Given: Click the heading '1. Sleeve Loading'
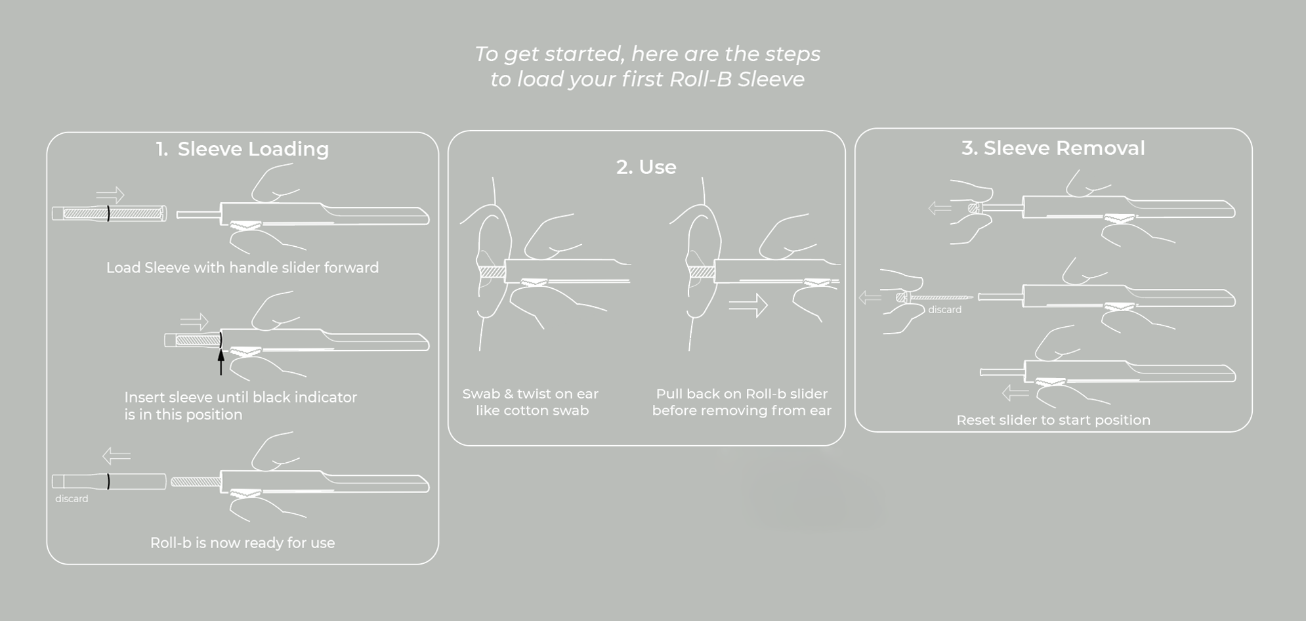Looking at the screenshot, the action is click(242, 149).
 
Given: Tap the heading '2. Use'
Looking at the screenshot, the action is click(646, 167).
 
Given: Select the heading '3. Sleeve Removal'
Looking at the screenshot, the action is click(1053, 148).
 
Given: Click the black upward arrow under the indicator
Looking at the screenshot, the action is click(221, 362).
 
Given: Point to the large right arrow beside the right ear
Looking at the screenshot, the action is click(748, 305).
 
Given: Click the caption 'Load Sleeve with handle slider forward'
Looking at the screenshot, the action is click(242, 268).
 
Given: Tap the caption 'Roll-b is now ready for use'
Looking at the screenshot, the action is click(242, 543).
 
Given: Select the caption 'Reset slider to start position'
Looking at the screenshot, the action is click(1053, 420).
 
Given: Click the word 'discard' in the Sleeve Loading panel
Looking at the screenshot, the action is click(72, 499).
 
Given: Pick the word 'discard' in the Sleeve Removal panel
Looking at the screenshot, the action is click(944, 310).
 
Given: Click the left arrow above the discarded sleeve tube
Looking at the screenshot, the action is click(116, 456).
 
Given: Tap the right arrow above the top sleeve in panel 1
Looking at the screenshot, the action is click(110, 195).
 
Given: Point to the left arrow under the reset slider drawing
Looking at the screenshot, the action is click(1015, 393).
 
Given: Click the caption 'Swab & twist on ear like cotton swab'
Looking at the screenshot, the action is click(531, 402).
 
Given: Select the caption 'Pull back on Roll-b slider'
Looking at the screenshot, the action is click(742, 394).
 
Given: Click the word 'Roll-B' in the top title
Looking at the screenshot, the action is click(700, 79).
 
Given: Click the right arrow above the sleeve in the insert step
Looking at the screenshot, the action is click(194, 322).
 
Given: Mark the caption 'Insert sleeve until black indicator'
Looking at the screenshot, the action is click(240, 397).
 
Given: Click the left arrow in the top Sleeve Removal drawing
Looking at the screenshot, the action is click(940, 209).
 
